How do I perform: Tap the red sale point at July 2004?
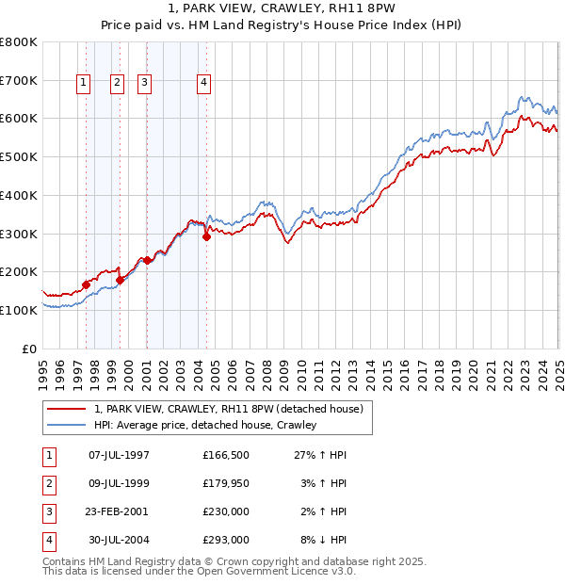pos(207,236)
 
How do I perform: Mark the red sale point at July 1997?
pos(86,284)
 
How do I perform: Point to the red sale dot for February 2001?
pos(148,260)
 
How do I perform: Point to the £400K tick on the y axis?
pos(19,195)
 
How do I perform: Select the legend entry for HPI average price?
pos(205,425)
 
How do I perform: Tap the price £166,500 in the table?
pos(225,455)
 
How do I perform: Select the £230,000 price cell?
pos(225,511)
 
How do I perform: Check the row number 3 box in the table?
pos(48,511)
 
